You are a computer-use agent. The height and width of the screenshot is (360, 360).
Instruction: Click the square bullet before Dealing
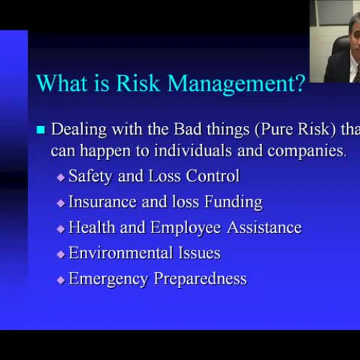point(40,130)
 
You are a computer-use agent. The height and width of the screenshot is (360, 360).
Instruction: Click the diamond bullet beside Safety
point(60,177)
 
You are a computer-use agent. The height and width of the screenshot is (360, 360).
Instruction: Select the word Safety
point(91,176)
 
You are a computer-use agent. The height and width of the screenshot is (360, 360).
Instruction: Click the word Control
point(213,176)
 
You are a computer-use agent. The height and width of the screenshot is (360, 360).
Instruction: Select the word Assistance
point(264,228)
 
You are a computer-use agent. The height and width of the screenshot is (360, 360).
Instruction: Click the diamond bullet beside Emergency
point(60,280)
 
